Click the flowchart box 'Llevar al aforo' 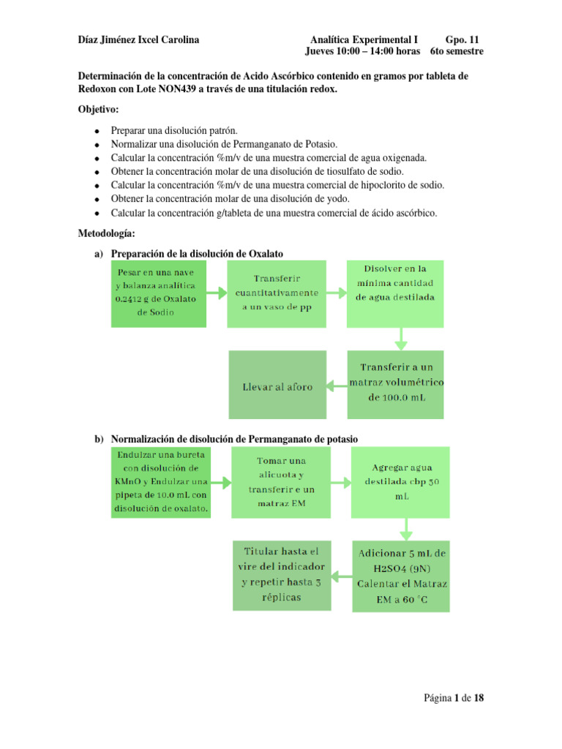[x=277, y=386]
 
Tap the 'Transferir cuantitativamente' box [x=277, y=293]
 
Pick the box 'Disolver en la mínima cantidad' [x=395, y=291]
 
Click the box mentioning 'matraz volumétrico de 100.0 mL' [x=395, y=383]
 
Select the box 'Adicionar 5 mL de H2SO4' [x=402, y=576]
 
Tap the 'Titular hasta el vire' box [x=282, y=575]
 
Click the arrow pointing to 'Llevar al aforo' [x=336, y=385]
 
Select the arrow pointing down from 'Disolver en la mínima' [x=400, y=338]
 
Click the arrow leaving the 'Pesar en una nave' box [x=217, y=293]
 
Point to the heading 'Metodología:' [x=107, y=233]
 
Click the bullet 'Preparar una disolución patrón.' [x=174, y=129]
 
